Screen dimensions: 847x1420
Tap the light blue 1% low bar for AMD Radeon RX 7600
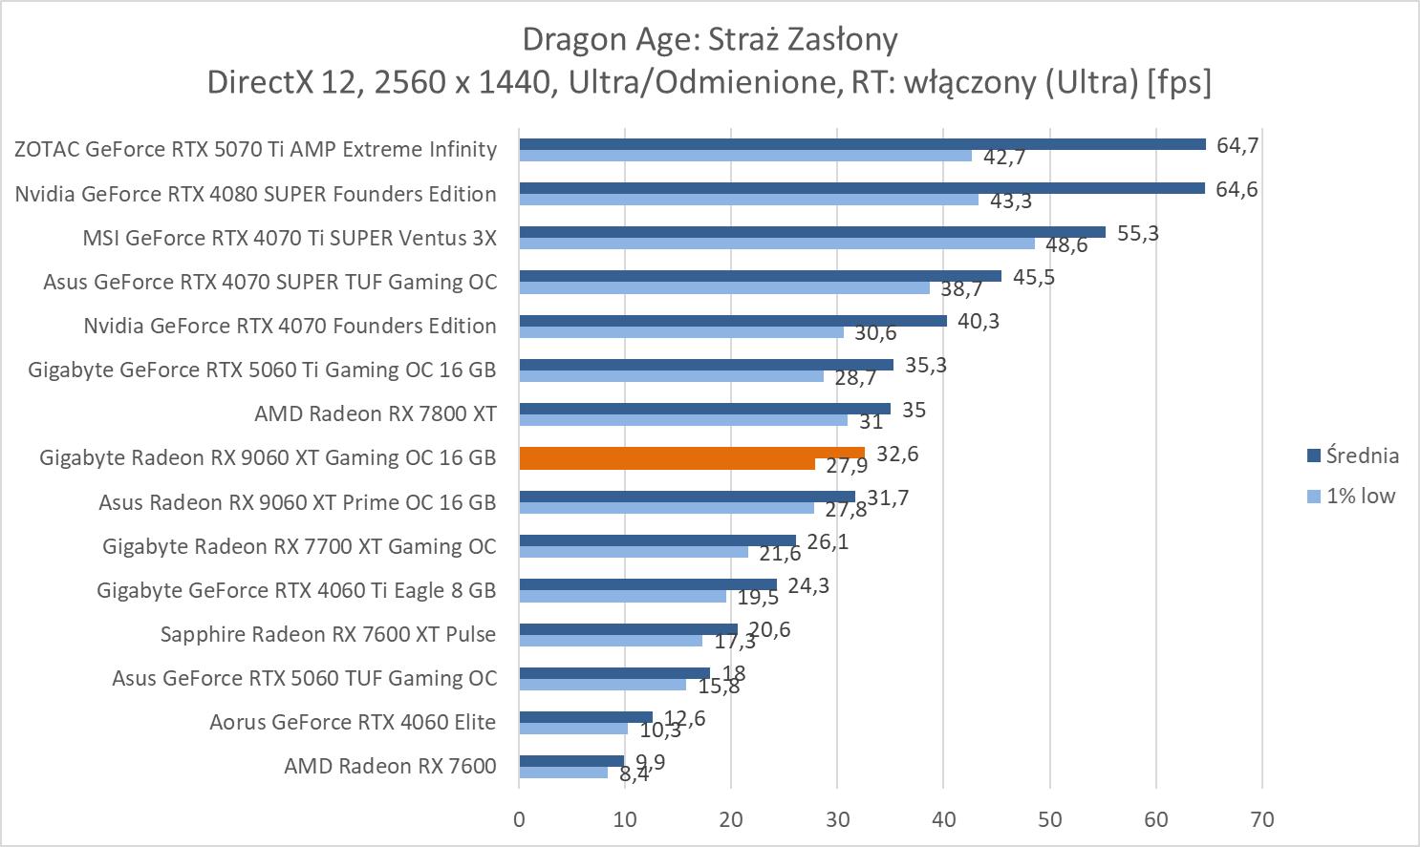tap(563, 773)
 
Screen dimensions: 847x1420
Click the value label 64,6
tap(1237, 189)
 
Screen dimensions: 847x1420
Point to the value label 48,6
tap(1066, 245)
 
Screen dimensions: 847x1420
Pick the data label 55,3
tap(1137, 233)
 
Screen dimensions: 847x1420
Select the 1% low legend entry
tap(1351, 496)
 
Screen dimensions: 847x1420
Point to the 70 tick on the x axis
tap(1261, 819)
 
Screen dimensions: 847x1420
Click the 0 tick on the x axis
tap(519, 819)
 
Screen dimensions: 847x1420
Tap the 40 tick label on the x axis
tap(943, 819)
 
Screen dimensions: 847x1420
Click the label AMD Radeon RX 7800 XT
tap(375, 413)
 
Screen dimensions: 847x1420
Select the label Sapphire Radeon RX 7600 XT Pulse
tap(328, 634)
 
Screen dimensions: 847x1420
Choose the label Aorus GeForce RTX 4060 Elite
tap(353, 722)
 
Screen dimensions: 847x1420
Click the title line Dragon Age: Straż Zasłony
tap(709, 39)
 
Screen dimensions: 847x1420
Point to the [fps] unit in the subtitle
tap(1179, 82)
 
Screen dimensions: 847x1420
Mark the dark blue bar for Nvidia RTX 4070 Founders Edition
tap(732, 321)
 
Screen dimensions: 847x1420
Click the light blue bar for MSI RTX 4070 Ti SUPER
tap(776, 244)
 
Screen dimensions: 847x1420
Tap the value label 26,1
tap(828, 542)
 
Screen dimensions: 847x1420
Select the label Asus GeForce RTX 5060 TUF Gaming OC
tap(304, 678)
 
